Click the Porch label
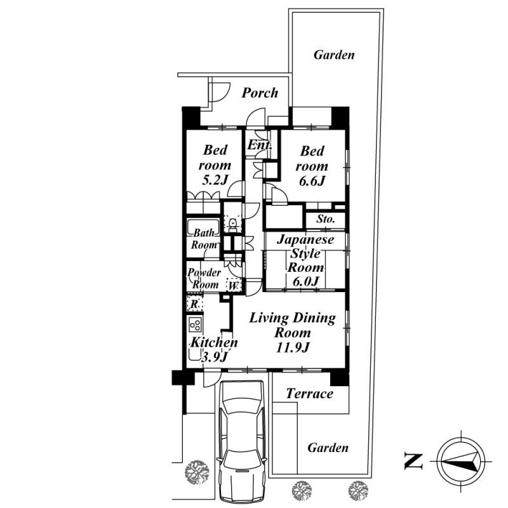tap(260, 93)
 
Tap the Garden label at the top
tap(334, 55)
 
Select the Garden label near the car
tap(328, 448)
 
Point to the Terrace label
tap(309, 394)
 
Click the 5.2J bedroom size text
tap(215, 180)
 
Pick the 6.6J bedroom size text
tap(312, 181)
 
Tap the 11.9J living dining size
tap(293, 347)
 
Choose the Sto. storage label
tap(326, 219)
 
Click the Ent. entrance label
tap(259, 145)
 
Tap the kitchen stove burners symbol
tap(196, 324)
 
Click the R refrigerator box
tap(195, 304)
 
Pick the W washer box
tap(234, 286)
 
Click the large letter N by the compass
tap(414, 462)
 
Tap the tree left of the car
tap(197, 472)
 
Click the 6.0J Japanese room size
tap(306, 281)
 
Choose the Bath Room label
tap(204, 239)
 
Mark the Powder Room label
tap(204, 279)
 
